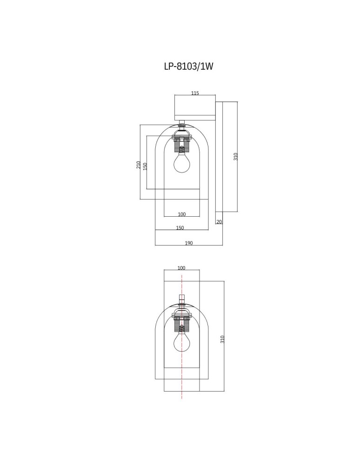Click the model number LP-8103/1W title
coord(188,66)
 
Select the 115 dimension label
coord(195,93)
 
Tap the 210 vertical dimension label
coord(139,165)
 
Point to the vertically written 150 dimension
coord(145,166)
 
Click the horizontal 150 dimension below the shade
coord(180,228)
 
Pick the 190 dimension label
coord(189,243)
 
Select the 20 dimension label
coord(219,222)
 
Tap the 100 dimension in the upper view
coord(182,214)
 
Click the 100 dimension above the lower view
coord(181,268)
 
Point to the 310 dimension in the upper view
coord(235,157)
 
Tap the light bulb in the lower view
coord(181,343)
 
